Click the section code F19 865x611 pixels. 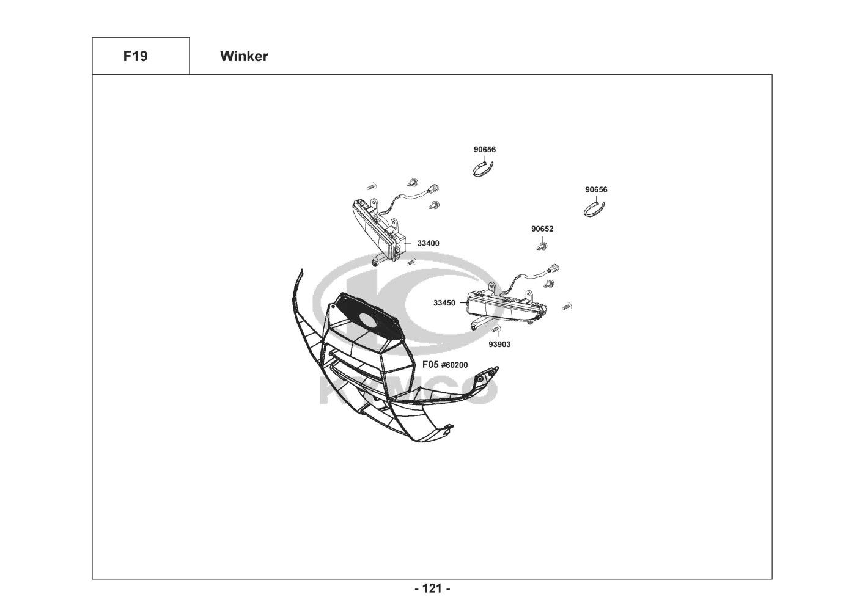pyautogui.click(x=135, y=56)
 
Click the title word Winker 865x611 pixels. pyautogui.click(x=244, y=56)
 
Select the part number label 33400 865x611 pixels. pyautogui.click(x=429, y=243)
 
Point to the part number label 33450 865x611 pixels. pyautogui.click(x=444, y=303)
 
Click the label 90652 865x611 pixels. pyautogui.click(x=542, y=229)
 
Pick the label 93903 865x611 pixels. pyautogui.click(x=499, y=344)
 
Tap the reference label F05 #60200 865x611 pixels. pyautogui.click(x=445, y=365)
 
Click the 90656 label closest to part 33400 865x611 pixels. pyautogui.click(x=485, y=149)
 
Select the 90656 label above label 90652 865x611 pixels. pyautogui.click(x=596, y=189)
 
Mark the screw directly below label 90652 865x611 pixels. pyautogui.click(x=542, y=246)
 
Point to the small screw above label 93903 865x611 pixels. pyautogui.click(x=496, y=329)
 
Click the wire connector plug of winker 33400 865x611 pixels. pyautogui.click(x=434, y=189)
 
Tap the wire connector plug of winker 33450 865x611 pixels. pyautogui.click(x=553, y=268)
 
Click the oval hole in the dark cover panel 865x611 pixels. pyautogui.click(x=369, y=319)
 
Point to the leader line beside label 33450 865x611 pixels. pyautogui.click(x=463, y=303)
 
